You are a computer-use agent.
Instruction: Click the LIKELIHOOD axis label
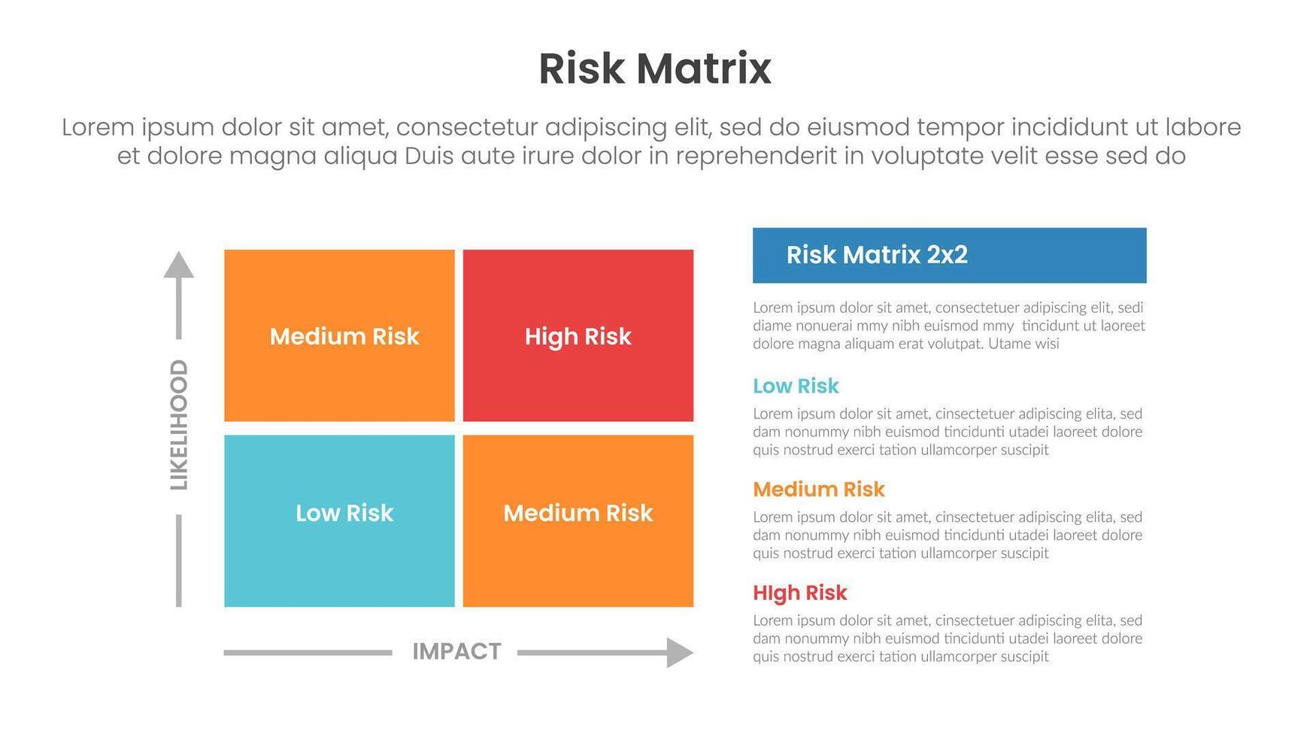pos(179,425)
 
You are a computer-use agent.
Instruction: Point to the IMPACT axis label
pos(456,651)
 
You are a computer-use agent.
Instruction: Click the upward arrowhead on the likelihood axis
pos(179,265)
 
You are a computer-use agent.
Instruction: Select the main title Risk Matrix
pos(654,69)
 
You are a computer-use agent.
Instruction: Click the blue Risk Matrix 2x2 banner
pos(949,256)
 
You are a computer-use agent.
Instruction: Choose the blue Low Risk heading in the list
pos(796,386)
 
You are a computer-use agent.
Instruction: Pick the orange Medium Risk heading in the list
pos(818,490)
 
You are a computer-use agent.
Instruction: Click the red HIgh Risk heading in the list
pos(799,593)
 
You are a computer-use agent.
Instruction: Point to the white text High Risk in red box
pos(578,336)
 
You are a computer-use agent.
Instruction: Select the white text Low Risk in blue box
pos(344,513)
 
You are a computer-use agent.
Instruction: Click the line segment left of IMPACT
pos(308,653)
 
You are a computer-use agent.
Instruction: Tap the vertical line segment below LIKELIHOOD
pos(179,560)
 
